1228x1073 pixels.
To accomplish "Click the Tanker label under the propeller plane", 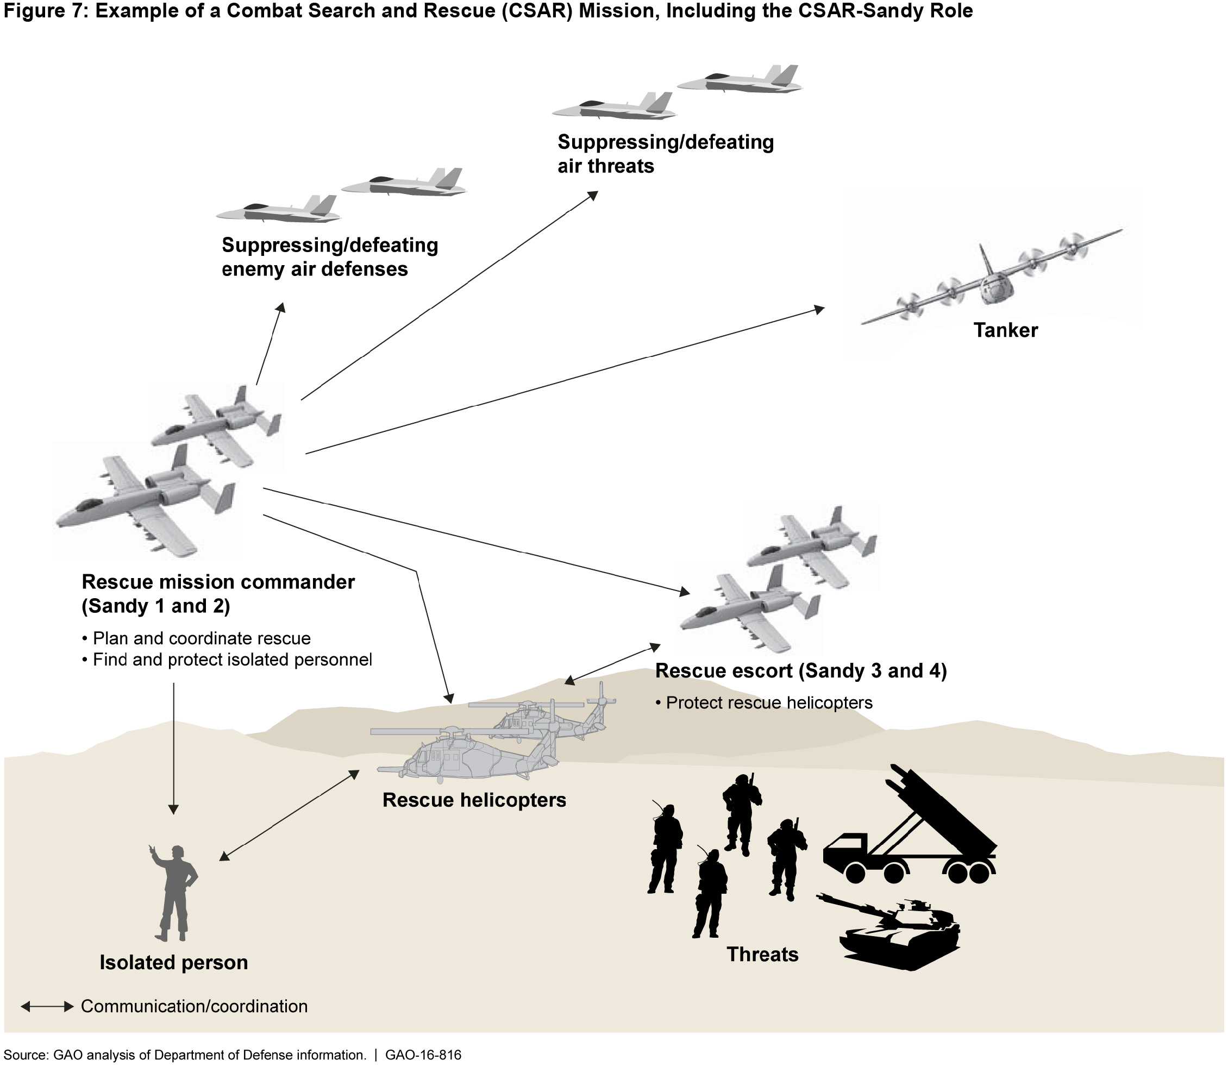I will [1005, 330].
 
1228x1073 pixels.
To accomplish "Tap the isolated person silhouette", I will [176, 892].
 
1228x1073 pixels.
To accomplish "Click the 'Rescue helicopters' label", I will [474, 800].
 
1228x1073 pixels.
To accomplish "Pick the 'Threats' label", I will [762, 954].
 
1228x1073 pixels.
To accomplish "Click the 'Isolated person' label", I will [174, 962].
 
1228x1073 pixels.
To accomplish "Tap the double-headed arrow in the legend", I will [47, 1007].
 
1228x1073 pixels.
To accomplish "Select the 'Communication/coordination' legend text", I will [194, 1007].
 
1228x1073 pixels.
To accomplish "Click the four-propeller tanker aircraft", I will [991, 277].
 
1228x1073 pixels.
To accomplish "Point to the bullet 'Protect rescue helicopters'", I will [769, 702].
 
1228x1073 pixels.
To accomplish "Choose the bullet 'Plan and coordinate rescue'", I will [201, 638].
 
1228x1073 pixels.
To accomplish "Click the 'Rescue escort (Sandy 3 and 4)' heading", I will [801, 670].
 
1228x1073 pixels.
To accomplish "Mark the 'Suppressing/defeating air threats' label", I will [665, 154].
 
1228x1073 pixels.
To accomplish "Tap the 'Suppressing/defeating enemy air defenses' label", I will [329, 257].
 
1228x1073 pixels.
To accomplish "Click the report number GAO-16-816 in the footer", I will [423, 1055].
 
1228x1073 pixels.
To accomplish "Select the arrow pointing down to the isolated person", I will [174, 749].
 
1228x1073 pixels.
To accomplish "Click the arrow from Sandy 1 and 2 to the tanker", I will [563, 381].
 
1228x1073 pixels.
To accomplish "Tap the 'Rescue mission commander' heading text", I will [218, 582].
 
